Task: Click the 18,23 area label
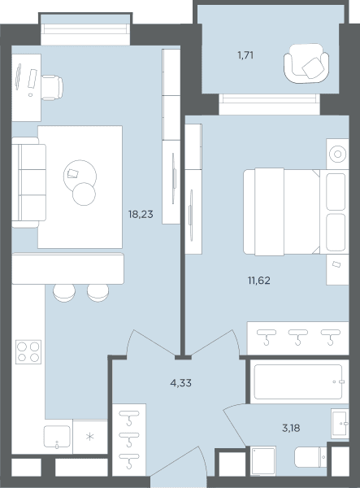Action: click(x=141, y=215)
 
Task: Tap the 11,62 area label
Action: click(x=259, y=281)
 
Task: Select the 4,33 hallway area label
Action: click(x=180, y=383)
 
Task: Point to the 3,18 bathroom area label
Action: click(x=291, y=428)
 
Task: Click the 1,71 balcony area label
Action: click(x=245, y=55)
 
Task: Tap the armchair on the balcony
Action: click(x=306, y=63)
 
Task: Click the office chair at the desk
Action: click(x=52, y=88)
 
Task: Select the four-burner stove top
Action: click(x=28, y=351)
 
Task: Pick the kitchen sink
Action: click(x=57, y=437)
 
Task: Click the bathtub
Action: click(x=298, y=381)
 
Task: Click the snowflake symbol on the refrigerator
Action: click(x=90, y=437)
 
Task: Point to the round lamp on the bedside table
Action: click(x=337, y=154)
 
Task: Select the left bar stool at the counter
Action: click(x=64, y=293)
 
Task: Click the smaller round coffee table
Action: click(x=84, y=194)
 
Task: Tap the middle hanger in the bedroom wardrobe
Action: click(x=297, y=337)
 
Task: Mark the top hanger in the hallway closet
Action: click(x=129, y=418)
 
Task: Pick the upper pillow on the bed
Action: click(x=336, y=191)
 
